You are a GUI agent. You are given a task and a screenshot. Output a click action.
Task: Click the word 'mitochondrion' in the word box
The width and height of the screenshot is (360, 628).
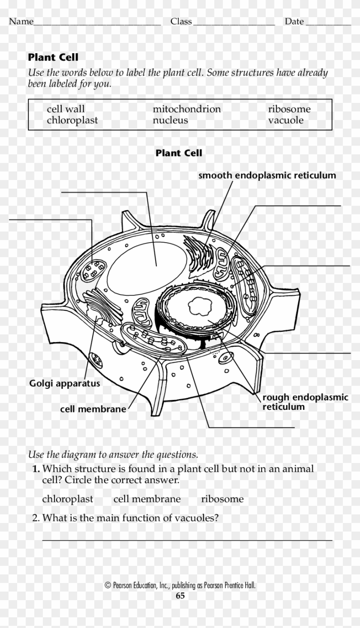(187, 109)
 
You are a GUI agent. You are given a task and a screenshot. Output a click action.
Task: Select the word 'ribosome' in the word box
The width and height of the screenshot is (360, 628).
(289, 109)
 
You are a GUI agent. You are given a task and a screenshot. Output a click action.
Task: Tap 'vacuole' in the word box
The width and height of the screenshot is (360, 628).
(286, 120)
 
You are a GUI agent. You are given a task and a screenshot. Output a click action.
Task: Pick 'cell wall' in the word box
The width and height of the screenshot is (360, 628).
(66, 109)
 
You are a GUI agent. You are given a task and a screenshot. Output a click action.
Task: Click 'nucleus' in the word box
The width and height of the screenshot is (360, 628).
(170, 120)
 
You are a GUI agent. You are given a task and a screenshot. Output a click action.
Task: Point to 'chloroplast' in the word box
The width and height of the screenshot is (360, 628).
(72, 120)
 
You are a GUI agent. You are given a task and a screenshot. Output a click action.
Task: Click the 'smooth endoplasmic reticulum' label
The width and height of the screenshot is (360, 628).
(267, 175)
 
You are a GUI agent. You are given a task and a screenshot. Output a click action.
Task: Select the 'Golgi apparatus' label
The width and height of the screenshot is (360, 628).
(64, 383)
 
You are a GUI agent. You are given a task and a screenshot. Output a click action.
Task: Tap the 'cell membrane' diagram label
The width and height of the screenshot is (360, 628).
(93, 409)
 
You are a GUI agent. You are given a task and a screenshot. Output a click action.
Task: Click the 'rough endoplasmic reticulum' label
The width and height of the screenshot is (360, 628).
(305, 402)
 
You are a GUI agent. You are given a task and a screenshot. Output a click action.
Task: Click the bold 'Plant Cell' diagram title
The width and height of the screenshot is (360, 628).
(179, 153)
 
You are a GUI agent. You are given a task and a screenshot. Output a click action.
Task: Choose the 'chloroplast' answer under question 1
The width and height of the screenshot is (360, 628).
(67, 499)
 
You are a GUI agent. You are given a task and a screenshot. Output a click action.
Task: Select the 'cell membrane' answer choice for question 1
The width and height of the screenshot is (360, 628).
(147, 499)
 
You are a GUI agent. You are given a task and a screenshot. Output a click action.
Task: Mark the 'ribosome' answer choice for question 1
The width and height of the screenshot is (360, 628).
(222, 499)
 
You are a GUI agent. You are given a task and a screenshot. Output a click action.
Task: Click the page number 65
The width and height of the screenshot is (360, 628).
(180, 596)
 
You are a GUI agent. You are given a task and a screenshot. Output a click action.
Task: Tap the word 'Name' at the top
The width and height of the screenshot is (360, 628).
(21, 21)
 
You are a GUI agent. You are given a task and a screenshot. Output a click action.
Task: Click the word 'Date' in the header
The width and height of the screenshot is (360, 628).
(294, 21)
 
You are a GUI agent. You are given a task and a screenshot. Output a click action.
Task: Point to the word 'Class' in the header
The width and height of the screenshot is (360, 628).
(181, 21)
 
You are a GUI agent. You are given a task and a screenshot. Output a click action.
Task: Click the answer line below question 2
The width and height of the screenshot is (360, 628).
(187, 540)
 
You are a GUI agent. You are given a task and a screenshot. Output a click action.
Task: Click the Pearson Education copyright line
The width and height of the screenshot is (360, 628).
(180, 585)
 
